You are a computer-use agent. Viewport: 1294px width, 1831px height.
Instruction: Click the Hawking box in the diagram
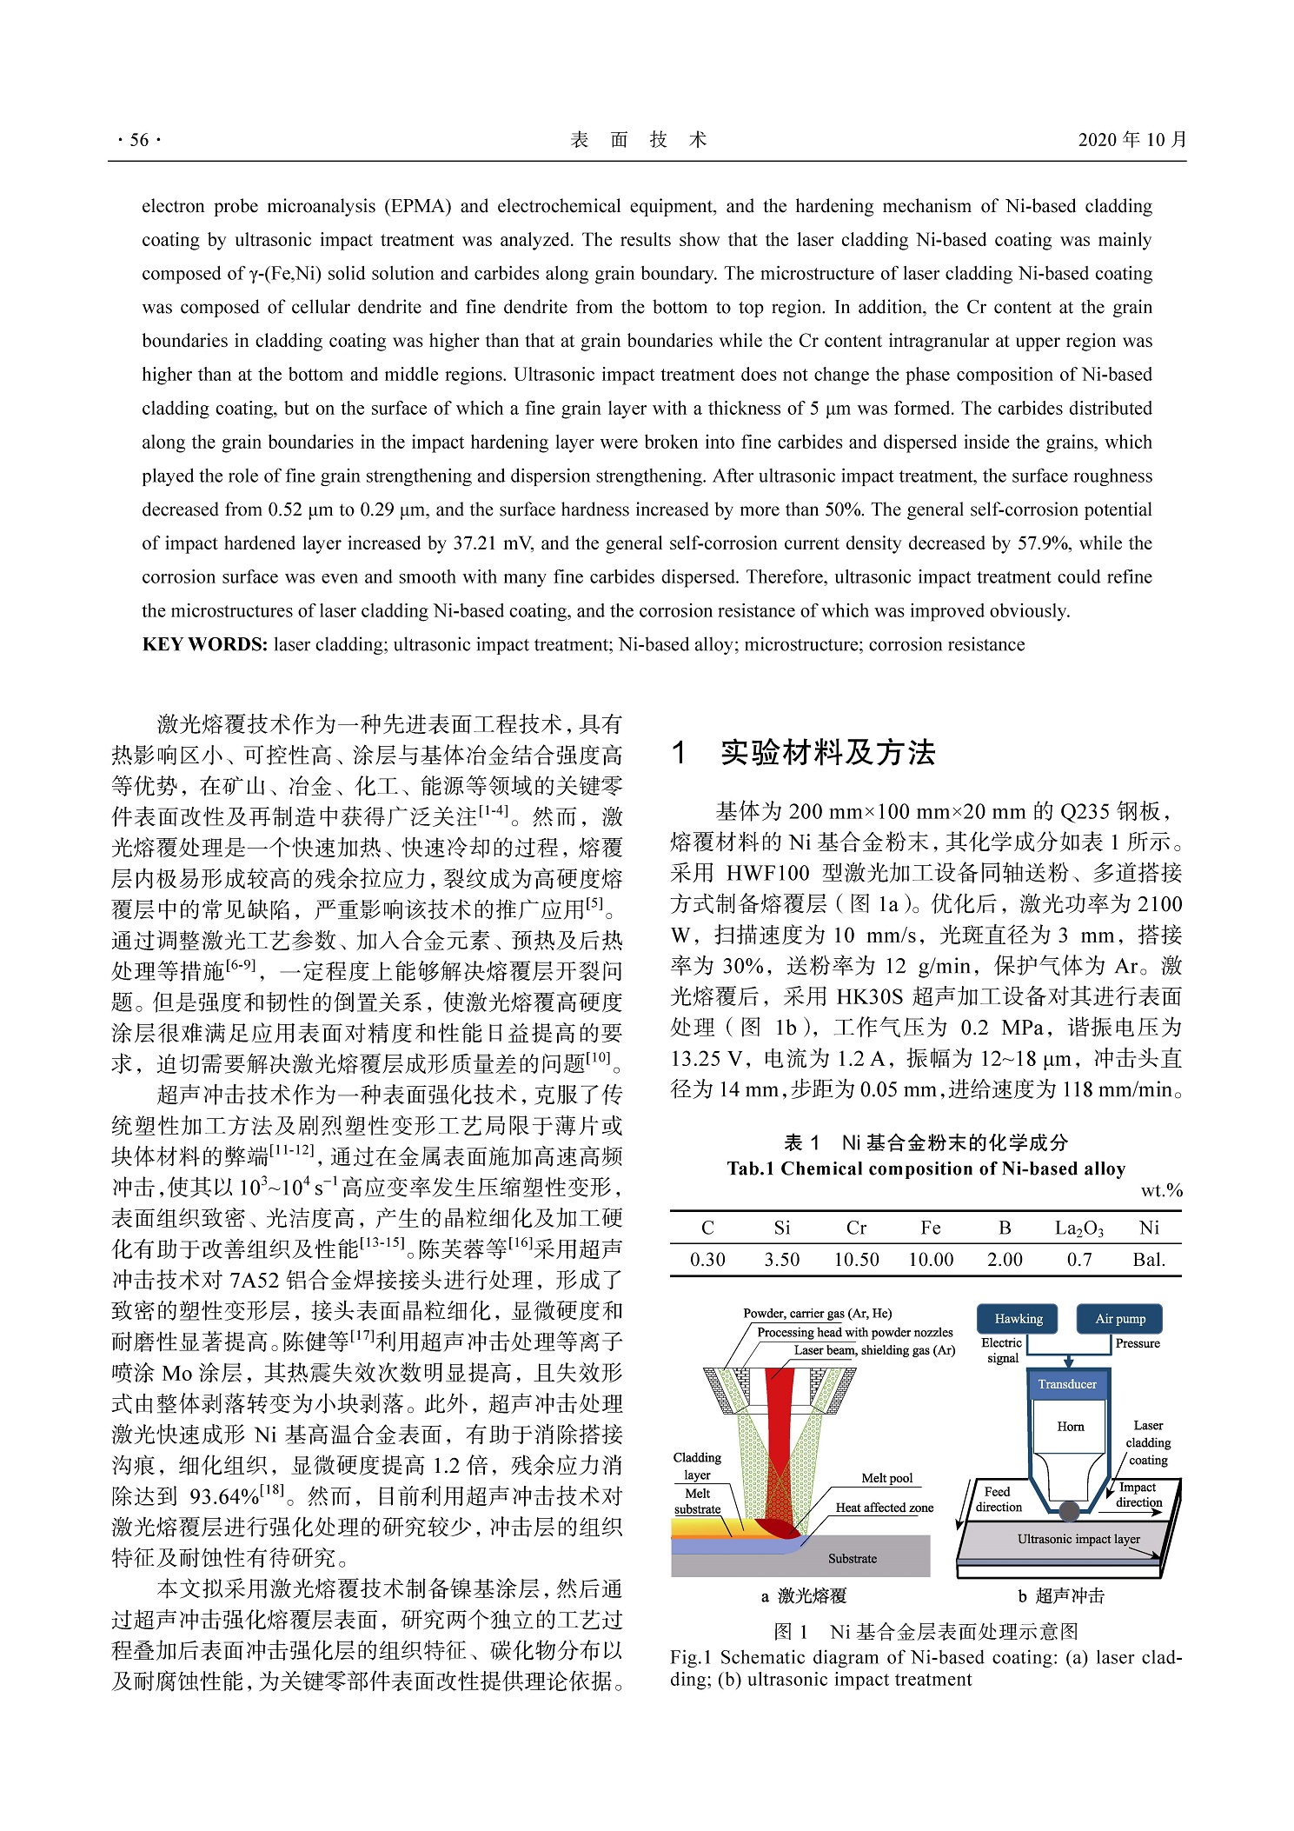(x=1018, y=1318)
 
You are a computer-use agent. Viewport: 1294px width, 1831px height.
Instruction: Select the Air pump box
(x=1119, y=1318)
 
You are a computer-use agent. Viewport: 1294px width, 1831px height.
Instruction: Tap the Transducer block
(x=1067, y=1384)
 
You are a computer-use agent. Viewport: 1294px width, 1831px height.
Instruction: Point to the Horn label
(x=1070, y=1426)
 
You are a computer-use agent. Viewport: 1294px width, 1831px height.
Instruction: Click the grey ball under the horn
(x=1070, y=1511)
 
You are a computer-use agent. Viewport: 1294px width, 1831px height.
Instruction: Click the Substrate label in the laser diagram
(x=852, y=1558)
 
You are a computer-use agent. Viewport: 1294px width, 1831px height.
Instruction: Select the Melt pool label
(x=886, y=1478)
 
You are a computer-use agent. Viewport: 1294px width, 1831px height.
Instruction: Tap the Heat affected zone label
(x=884, y=1508)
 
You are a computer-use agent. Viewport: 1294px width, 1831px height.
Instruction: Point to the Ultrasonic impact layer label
(x=1078, y=1538)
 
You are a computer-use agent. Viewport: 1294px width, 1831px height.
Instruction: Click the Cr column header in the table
(x=856, y=1228)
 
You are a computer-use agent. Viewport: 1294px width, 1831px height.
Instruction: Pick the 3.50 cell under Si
(x=781, y=1259)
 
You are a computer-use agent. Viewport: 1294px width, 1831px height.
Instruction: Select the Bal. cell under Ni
(x=1149, y=1259)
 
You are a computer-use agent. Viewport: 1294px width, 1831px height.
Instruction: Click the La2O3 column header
(x=1078, y=1228)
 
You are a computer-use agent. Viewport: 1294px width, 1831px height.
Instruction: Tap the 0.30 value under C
(x=707, y=1259)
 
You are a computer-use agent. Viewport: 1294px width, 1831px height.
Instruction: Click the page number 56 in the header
(x=139, y=140)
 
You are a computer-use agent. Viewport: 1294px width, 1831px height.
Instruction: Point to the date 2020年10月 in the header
(x=1131, y=140)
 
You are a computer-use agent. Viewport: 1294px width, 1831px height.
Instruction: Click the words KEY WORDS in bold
(x=204, y=644)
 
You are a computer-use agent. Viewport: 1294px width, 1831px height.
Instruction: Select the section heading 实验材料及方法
(x=826, y=752)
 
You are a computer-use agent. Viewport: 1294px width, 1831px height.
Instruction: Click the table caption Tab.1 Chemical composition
(x=926, y=1168)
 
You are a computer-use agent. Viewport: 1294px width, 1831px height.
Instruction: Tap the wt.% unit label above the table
(x=1161, y=1191)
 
